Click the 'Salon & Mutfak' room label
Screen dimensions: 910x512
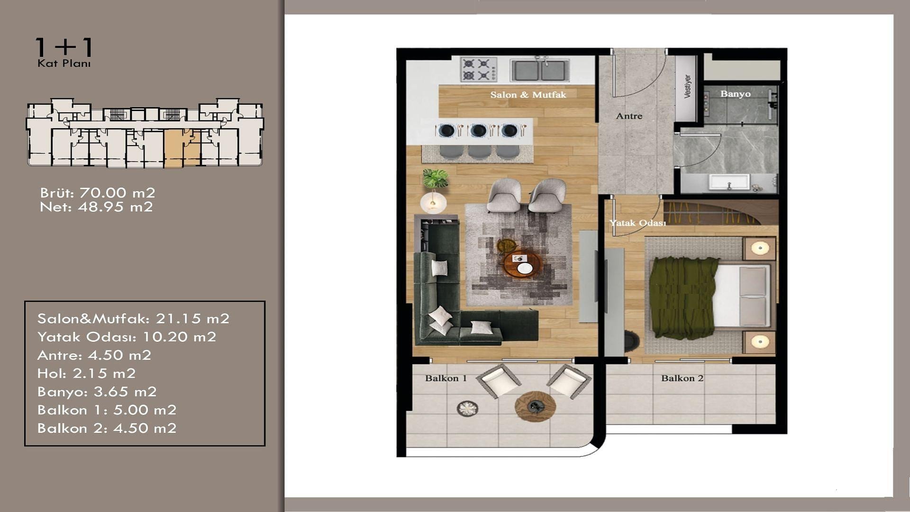(528, 95)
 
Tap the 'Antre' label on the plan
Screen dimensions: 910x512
(629, 116)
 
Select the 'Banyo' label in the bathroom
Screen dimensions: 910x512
(735, 94)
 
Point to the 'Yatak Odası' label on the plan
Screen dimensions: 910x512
(637, 223)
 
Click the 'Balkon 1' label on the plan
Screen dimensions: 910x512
(446, 378)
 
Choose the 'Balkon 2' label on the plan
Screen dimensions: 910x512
(682, 378)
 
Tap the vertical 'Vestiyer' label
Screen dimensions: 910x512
(687, 87)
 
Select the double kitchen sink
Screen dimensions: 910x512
(539, 69)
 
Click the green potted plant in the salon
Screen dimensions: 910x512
(436, 178)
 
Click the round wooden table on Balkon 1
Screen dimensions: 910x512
(535, 406)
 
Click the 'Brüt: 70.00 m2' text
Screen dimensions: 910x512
(98, 193)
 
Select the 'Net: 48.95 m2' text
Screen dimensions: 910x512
(96, 207)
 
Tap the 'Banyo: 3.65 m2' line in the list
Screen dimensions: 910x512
(97, 392)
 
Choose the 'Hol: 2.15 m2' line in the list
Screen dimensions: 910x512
(87, 374)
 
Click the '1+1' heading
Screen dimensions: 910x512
(64, 47)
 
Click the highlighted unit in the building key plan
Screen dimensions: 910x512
(182, 148)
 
